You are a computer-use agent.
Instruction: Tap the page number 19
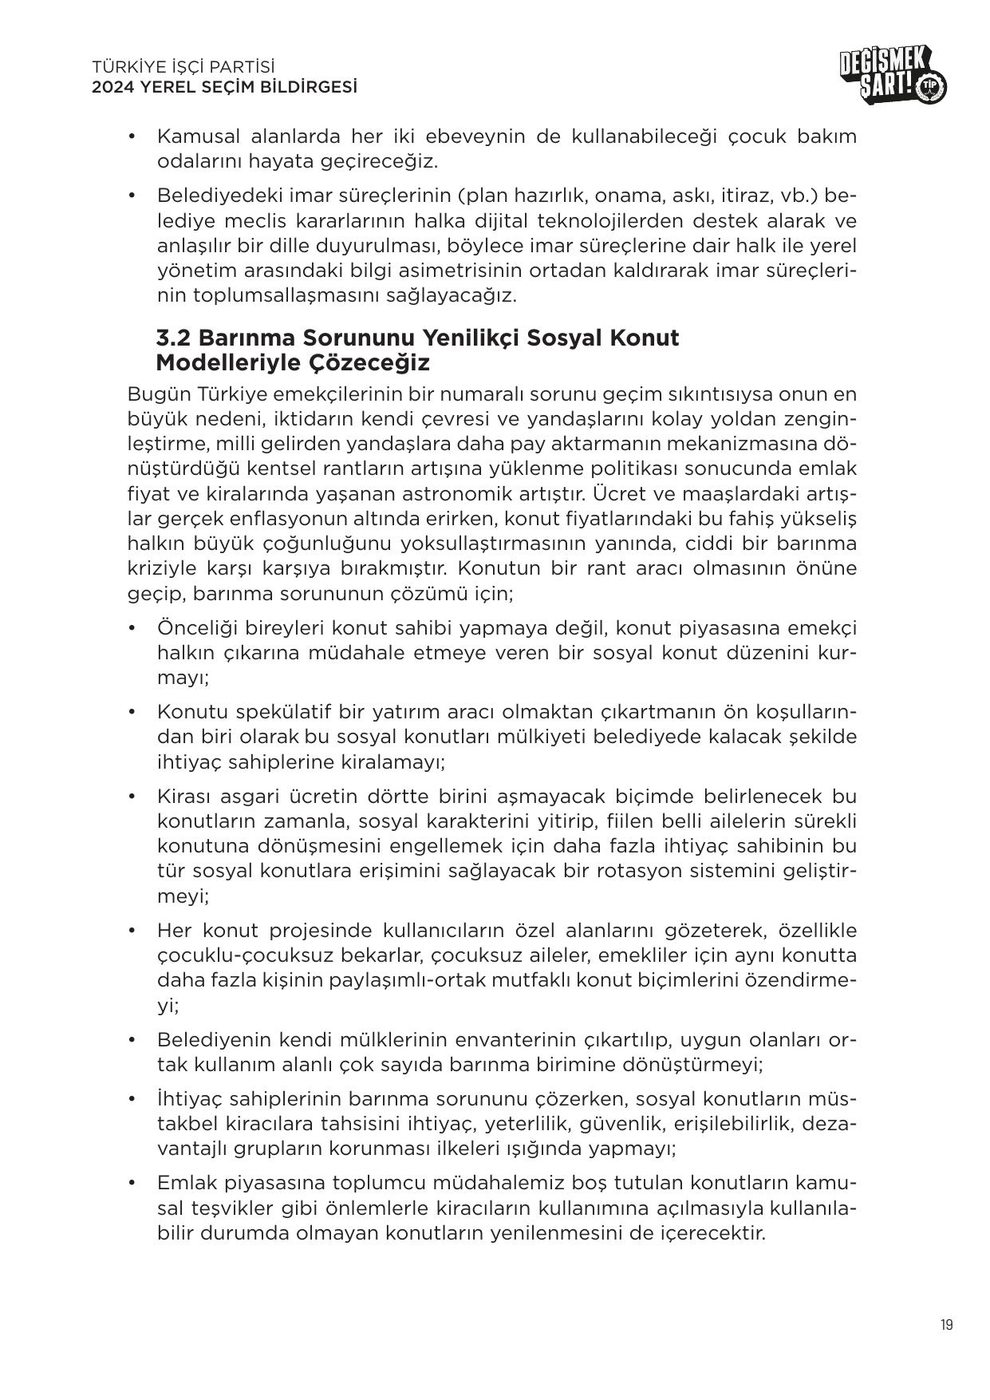[x=945, y=1325]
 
